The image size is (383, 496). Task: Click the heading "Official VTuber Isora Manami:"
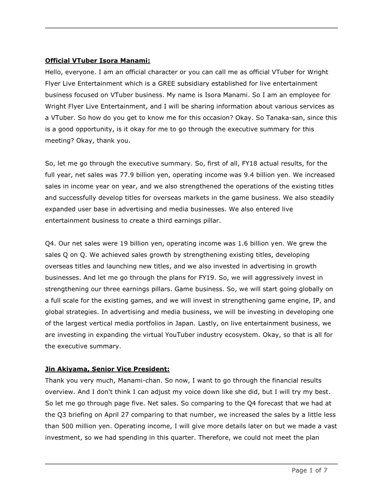tap(98, 61)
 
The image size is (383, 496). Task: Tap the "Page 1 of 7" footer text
tap(310, 470)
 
